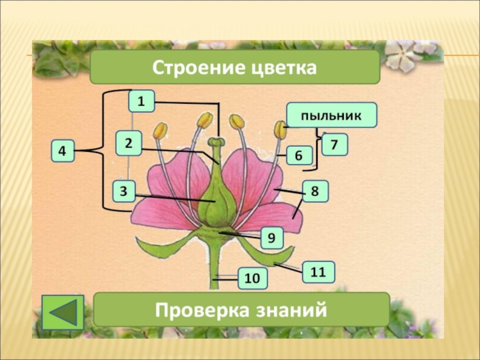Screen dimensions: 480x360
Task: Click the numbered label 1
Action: click(x=141, y=102)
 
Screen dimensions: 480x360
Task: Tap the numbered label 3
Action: click(x=124, y=191)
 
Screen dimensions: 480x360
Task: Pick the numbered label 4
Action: click(x=62, y=151)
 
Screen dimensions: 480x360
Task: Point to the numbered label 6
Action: click(x=299, y=156)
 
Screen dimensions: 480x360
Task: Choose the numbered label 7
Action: click(x=334, y=145)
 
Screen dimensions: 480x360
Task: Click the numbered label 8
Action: click(x=315, y=191)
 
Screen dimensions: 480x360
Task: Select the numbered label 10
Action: click(x=252, y=278)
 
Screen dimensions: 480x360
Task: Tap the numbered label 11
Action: click(x=318, y=272)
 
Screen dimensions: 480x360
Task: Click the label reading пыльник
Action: click(x=331, y=115)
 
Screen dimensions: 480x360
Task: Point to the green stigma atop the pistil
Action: click(x=216, y=142)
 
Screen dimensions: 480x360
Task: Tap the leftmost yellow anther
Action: click(x=160, y=131)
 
